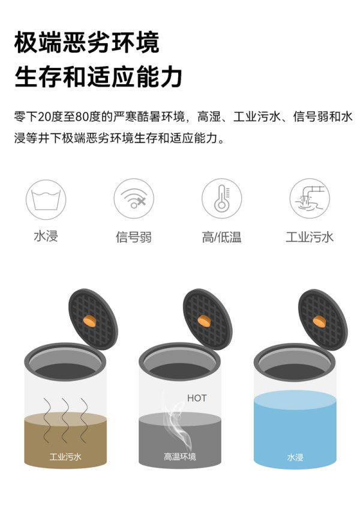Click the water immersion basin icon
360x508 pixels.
coord(46,199)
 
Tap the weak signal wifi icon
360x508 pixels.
coord(134,199)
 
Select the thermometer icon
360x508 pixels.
coord(221,199)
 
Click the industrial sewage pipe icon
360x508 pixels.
coord(309,199)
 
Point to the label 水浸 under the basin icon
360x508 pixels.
coord(46,236)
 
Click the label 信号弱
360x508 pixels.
coord(134,237)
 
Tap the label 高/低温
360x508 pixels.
coord(221,237)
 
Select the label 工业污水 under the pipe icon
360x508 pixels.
coord(309,237)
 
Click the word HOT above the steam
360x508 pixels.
coord(196,398)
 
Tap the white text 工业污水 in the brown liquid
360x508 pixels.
coord(65,457)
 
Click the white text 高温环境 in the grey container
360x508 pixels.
coord(179,457)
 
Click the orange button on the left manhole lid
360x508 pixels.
coord(89,321)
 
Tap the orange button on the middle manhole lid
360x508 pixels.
coord(204,321)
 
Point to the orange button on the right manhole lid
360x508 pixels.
coord(319,321)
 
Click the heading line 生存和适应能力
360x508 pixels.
coord(98,77)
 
